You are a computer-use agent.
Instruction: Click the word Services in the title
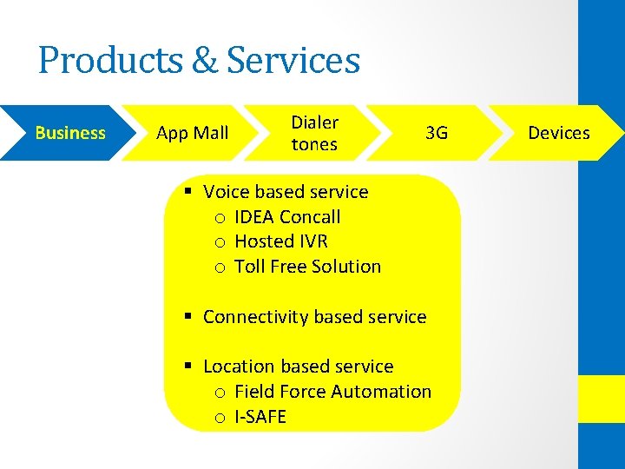click(293, 61)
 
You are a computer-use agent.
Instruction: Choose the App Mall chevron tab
click(192, 133)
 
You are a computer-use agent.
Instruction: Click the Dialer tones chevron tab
click(314, 133)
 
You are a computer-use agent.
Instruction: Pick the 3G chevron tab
click(436, 133)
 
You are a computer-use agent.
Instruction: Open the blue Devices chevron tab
click(559, 133)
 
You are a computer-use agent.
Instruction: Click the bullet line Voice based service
click(285, 192)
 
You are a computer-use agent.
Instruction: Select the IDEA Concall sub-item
click(287, 217)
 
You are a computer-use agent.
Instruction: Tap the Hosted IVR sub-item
click(281, 241)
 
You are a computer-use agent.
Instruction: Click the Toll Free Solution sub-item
click(307, 267)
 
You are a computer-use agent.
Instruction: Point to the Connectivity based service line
click(314, 317)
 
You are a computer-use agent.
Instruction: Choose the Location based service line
click(298, 367)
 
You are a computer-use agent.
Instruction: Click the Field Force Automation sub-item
click(332, 392)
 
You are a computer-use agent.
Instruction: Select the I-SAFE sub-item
click(260, 417)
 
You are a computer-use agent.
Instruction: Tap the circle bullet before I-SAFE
click(220, 418)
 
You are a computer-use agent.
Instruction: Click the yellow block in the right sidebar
click(602, 399)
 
